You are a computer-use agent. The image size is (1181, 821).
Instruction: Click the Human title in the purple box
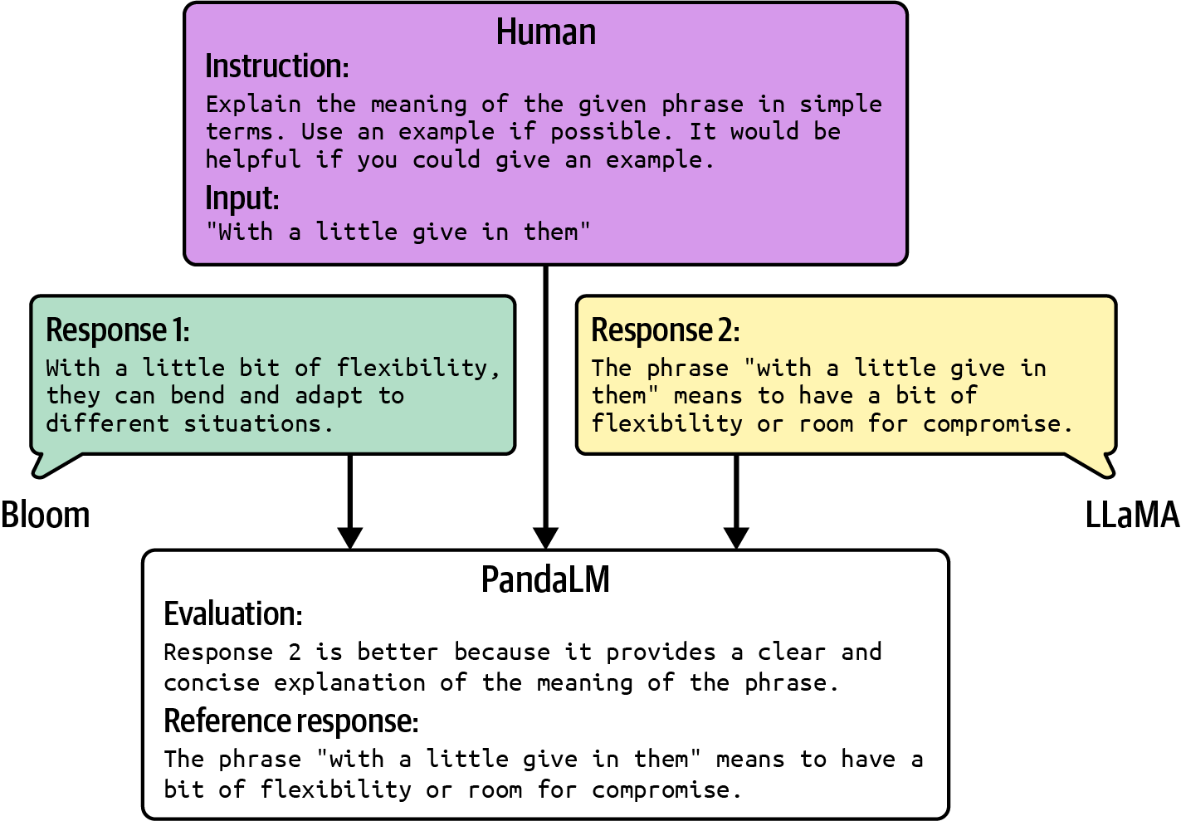[x=545, y=32]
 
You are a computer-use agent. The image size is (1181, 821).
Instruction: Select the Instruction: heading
[x=276, y=66]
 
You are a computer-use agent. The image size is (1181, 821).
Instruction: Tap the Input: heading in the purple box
[x=242, y=198]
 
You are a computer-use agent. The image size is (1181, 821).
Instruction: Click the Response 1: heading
[x=117, y=330]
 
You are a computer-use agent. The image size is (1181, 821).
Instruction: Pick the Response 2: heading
[x=665, y=330]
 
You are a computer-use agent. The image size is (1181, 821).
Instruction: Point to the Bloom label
[x=45, y=516]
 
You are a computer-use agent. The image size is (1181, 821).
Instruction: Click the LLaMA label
[x=1131, y=516]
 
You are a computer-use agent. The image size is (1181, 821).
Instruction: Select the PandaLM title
[x=545, y=579]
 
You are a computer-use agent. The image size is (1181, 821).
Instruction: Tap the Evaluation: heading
[x=232, y=614]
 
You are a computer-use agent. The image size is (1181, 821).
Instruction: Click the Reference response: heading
[x=290, y=721]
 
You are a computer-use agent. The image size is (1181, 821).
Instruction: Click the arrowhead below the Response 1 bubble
[x=350, y=537]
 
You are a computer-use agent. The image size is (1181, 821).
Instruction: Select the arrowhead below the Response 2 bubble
[x=736, y=537]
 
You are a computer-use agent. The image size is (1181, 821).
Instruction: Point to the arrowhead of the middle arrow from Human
[x=545, y=537]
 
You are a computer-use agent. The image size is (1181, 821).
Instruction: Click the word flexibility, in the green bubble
[x=418, y=368]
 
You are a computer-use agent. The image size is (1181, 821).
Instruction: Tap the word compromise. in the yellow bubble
[x=998, y=424]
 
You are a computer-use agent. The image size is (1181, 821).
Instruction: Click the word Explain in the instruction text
[x=253, y=105]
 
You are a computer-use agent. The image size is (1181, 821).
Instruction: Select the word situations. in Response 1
[x=258, y=424]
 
